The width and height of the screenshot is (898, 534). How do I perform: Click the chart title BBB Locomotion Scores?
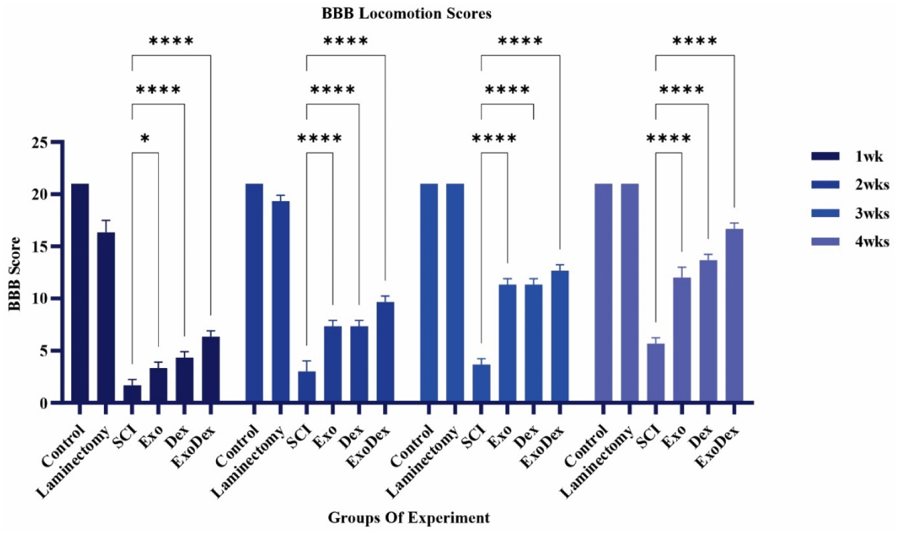point(406,13)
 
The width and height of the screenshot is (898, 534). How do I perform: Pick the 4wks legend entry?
point(850,241)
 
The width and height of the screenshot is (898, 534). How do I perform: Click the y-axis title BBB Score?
point(15,274)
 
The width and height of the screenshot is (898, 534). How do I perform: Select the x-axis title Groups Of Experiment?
point(409,518)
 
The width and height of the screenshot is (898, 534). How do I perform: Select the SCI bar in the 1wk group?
point(132,393)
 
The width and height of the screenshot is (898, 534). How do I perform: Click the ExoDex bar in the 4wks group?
point(734,315)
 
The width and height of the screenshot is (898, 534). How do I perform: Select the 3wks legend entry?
point(850,213)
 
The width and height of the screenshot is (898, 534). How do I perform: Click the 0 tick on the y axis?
point(43,403)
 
